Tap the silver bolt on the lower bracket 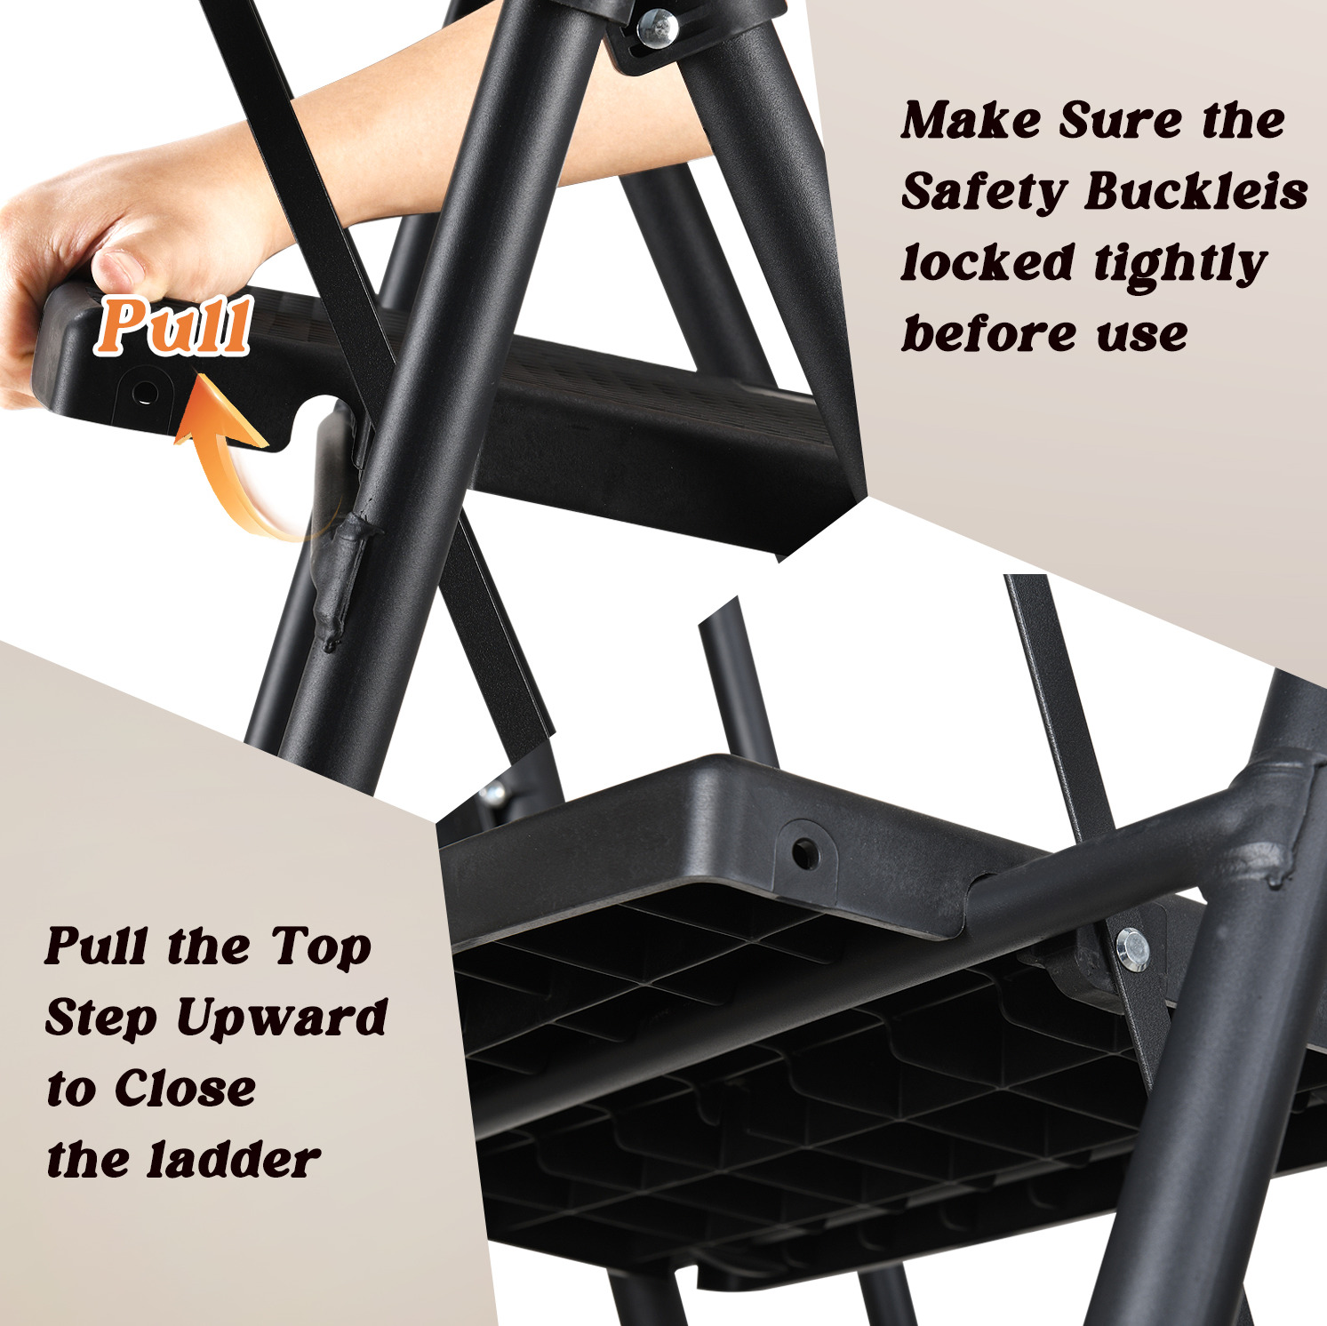pyautogui.click(x=1131, y=948)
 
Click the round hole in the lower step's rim pyautogui.click(x=805, y=854)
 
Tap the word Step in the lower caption pyautogui.click(x=101, y=1018)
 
